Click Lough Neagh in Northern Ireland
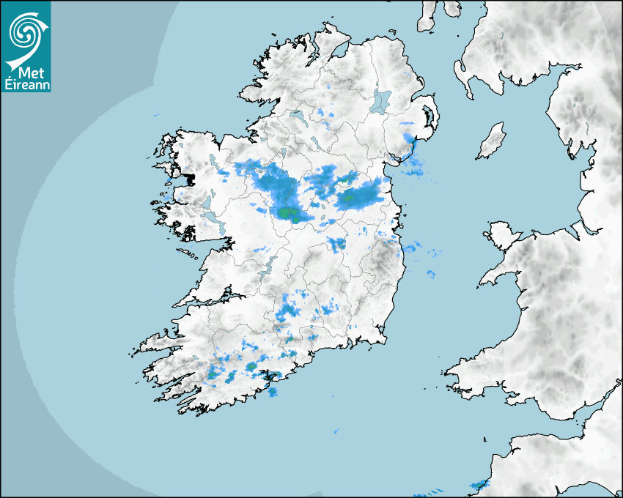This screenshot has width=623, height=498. (381, 100)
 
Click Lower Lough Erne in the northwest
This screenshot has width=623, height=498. (298, 115)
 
